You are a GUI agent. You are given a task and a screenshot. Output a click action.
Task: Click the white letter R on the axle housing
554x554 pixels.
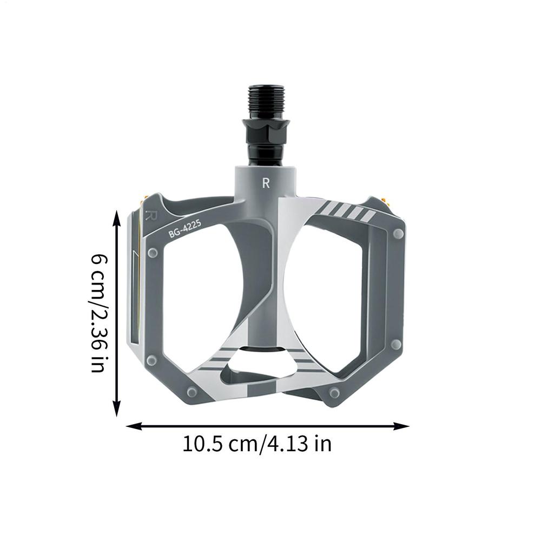(266, 183)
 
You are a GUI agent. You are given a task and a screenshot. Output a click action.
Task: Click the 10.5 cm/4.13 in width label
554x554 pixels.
(257, 444)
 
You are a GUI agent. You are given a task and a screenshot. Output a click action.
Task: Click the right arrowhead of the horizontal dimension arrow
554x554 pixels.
(401, 426)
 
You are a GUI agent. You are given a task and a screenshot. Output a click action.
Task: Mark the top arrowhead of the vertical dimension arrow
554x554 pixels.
(117, 218)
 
